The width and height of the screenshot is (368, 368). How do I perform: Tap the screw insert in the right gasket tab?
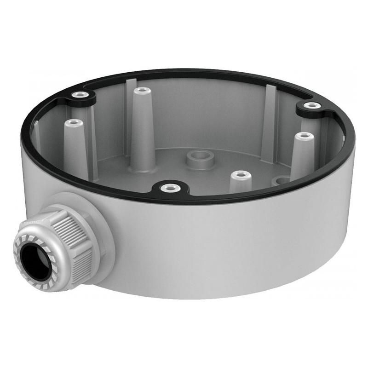(x=313, y=105)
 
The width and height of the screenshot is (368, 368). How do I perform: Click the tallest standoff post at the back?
(x=142, y=120)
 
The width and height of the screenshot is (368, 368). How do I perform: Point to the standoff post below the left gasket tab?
(x=74, y=147)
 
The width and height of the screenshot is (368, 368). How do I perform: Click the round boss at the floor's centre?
(x=199, y=159)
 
